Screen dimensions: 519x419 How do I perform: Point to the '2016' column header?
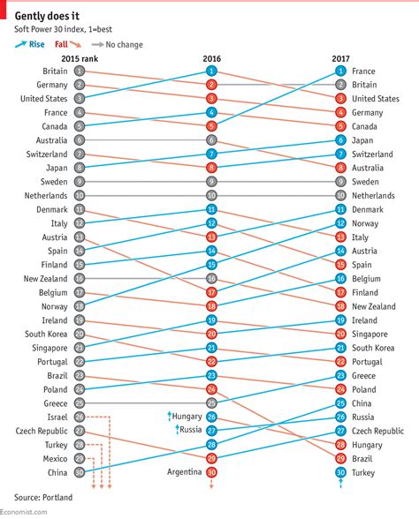click(x=211, y=58)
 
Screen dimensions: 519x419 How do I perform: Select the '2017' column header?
click(x=340, y=58)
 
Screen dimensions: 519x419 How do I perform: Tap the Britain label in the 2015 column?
click(x=54, y=71)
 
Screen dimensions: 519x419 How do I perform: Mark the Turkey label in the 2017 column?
click(x=364, y=473)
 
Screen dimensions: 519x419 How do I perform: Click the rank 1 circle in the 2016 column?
click(x=211, y=71)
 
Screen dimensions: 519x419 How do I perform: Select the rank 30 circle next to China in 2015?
click(x=80, y=473)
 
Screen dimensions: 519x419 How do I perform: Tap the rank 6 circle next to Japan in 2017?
click(x=340, y=140)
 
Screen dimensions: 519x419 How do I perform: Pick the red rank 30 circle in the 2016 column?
click(x=211, y=473)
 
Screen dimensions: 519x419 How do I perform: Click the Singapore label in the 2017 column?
click(x=371, y=335)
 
